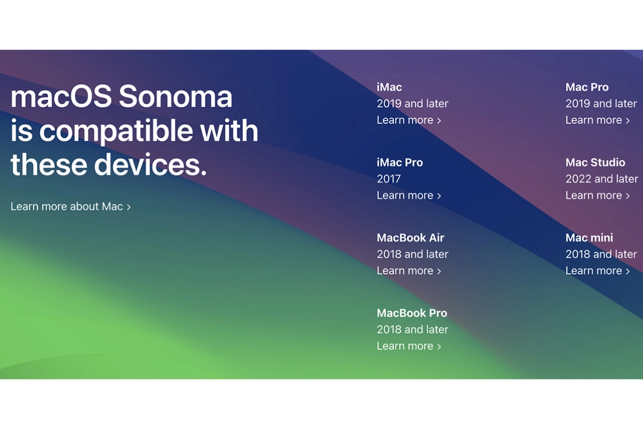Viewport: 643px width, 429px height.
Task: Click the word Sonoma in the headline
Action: (175, 97)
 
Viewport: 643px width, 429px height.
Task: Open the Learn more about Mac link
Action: (70, 206)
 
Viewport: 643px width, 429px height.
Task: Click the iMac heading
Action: (389, 87)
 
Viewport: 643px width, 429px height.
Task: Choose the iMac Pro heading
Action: (400, 162)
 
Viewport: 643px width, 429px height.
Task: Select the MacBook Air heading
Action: (410, 238)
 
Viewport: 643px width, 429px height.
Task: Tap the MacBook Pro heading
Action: (412, 313)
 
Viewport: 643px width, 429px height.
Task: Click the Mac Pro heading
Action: (587, 87)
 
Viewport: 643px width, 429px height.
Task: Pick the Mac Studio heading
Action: (595, 162)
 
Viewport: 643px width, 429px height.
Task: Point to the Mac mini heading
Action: (589, 238)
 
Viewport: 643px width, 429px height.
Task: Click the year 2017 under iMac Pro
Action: (388, 179)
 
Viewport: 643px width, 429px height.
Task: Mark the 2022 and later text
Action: (601, 179)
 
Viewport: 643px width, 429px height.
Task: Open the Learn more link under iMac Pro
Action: (408, 196)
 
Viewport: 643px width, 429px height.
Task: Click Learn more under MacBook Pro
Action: (408, 346)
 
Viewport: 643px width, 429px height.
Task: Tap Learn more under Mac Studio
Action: (597, 196)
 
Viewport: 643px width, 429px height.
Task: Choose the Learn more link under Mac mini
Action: (597, 271)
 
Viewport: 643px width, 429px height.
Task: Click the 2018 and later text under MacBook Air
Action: (412, 254)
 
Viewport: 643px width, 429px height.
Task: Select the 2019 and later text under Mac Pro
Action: (601, 103)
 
